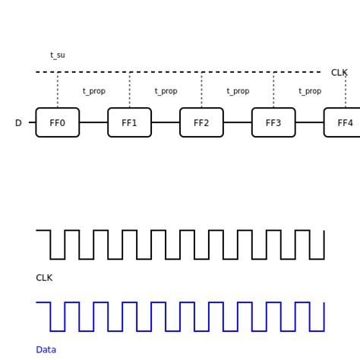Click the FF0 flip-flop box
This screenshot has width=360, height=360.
(x=58, y=122)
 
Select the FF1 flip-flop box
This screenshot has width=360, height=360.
(x=130, y=122)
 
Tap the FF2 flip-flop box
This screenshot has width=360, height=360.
(x=201, y=122)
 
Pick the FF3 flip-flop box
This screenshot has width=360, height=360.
(x=273, y=122)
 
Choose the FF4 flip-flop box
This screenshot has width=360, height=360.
(x=343, y=122)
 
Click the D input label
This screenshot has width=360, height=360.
(x=18, y=123)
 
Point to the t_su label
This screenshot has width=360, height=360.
(x=58, y=55)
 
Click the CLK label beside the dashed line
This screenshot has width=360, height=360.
(x=339, y=73)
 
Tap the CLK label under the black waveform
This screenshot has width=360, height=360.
(x=44, y=278)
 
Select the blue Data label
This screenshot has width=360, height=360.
(x=46, y=350)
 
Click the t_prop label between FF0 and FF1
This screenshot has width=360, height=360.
(x=94, y=91)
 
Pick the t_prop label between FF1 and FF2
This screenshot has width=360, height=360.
(x=166, y=91)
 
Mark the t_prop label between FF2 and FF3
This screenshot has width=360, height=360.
(x=238, y=91)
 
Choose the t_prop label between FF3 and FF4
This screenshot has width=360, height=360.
(x=310, y=91)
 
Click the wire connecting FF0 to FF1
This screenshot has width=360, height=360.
(x=93, y=122)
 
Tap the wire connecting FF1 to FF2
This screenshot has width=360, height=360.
(x=166, y=122)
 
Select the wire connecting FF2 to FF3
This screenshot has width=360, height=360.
(x=238, y=122)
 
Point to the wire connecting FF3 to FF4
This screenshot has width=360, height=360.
(x=310, y=122)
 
